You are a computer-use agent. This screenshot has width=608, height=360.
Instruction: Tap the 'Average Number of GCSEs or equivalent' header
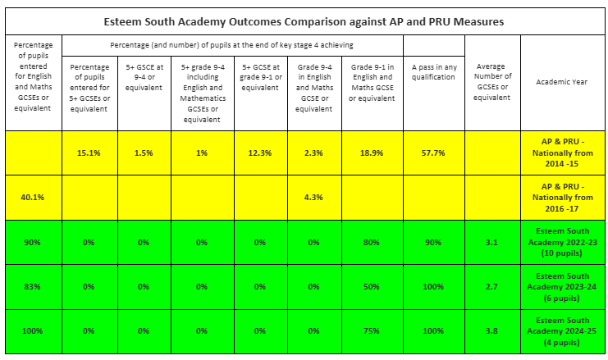[x=491, y=82]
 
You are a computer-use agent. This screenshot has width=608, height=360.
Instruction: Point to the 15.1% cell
[x=89, y=153]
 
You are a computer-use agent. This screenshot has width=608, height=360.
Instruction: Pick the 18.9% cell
[x=375, y=153]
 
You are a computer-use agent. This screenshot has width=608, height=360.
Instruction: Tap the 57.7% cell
[x=433, y=153]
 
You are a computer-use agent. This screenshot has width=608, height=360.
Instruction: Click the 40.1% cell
[x=34, y=197]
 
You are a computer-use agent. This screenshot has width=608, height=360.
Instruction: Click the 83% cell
[x=34, y=286]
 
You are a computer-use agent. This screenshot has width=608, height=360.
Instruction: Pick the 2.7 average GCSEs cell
[x=491, y=286]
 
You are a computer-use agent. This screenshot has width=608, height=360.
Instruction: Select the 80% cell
[x=375, y=242]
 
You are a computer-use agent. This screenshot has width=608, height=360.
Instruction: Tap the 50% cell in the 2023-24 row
[x=375, y=286]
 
